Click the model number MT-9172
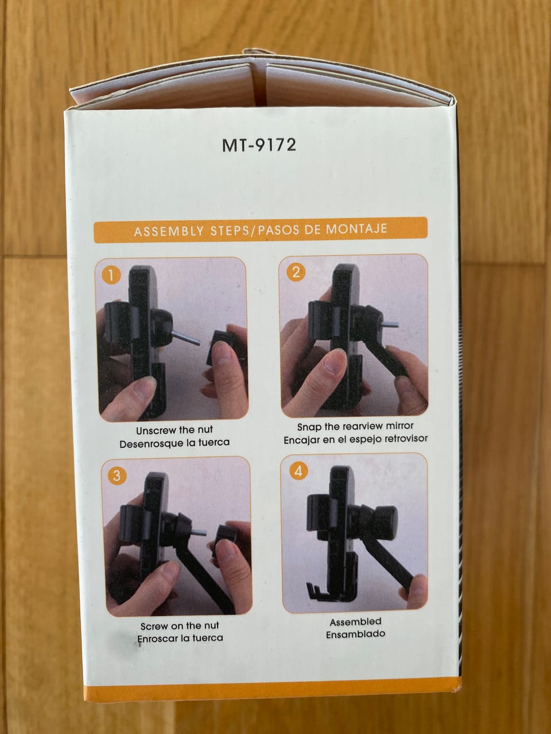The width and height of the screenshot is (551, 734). click(259, 146)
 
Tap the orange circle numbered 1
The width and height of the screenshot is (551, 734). click(111, 276)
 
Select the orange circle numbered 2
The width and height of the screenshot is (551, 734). click(296, 273)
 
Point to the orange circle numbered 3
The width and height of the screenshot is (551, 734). click(117, 475)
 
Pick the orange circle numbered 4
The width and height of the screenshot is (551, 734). click(298, 471)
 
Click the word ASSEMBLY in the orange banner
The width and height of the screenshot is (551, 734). click(169, 232)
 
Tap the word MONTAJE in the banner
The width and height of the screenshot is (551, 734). click(356, 229)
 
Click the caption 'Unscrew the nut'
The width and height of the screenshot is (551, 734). click(174, 431)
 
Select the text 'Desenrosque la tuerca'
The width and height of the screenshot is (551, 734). click(174, 444)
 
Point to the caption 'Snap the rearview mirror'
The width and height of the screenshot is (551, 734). click(355, 427)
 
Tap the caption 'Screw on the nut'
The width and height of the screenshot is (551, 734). click(180, 626)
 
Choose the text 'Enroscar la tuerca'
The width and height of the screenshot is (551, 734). click(180, 638)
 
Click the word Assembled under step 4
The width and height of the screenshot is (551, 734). click(355, 622)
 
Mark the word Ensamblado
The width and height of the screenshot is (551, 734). click(356, 634)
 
